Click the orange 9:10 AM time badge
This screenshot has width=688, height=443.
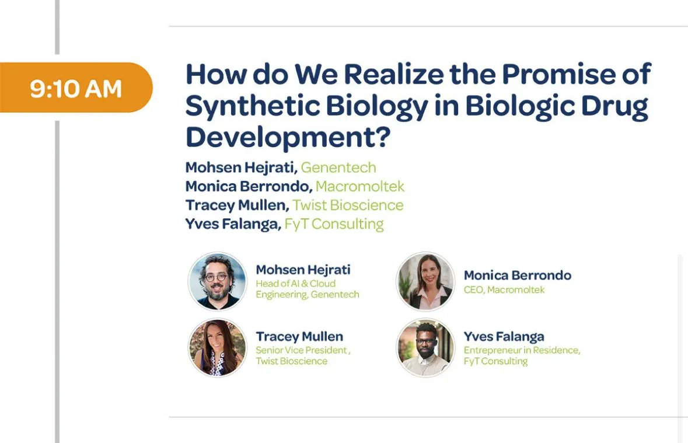coord(76,88)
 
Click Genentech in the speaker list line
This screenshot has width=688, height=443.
coord(338,168)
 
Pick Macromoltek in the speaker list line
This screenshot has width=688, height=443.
coord(359,186)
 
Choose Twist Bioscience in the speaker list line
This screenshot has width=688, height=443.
coord(348,205)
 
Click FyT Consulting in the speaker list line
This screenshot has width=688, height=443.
coord(334,224)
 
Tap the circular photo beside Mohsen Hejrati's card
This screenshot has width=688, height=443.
coord(218,282)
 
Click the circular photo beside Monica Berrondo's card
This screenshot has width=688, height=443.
coord(425,282)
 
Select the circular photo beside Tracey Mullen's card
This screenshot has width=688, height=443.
coord(218,348)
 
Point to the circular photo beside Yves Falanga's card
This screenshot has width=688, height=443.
coord(425,348)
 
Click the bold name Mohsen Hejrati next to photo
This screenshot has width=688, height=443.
coord(303,270)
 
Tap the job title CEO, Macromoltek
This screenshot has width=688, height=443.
coord(504,289)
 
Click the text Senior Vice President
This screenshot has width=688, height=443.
coord(302,350)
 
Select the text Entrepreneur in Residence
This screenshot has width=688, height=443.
coord(522,350)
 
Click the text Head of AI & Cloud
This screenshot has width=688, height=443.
coord(295,284)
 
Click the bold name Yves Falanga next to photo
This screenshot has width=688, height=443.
coord(504,336)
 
